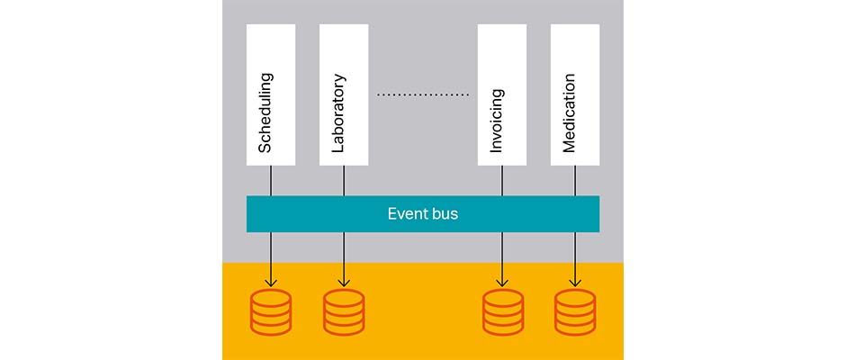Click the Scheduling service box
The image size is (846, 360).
tap(271, 94)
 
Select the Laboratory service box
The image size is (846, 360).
tap(344, 94)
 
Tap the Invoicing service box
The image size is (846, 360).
tap(501, 94)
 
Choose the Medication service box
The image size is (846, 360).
tap(575, 94)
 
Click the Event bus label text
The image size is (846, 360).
tap(422, 214)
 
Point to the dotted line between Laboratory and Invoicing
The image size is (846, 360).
tap(422, 94)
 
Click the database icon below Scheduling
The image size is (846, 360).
tap(271, 311)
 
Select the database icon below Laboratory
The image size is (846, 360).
tap(344, 311)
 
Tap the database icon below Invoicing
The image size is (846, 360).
tap(502, 311)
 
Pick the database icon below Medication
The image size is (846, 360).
tap(575, 311)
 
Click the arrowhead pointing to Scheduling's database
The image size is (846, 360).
tap(271, 279)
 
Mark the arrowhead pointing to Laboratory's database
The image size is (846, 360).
tap(344, 279)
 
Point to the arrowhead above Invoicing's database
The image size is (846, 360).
tap(502, 279)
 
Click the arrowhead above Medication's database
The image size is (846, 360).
tap(575, 279)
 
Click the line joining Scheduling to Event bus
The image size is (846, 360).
tap(271, 180)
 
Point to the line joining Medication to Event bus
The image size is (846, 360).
tap(575, 180)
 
